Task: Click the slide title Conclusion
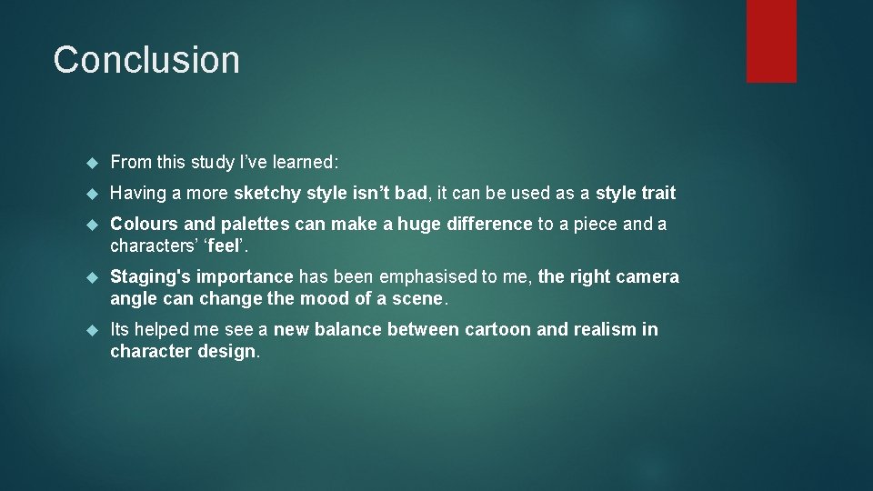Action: pyautogui.click(x=146, y=60)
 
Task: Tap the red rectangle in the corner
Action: pyautogui.click(x=771, y=41)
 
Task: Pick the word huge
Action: pyautogui.click(x=419, y=224)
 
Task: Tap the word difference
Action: pyautogui.click(x=488, y=224)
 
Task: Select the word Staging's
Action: pyautogui.click(x=150, y=276)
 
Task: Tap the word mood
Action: pyautogui.click(x=324, y=298)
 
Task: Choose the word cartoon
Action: pyautogui.click(x=498, y=329)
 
